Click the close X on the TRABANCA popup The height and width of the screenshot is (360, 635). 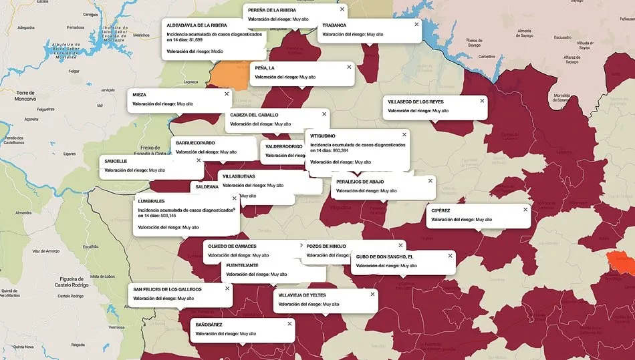point(416,24)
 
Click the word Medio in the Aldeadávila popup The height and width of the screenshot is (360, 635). point(217,51)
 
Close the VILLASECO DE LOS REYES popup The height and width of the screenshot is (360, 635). point(482,101)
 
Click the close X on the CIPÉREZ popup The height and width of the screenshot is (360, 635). point(525,209)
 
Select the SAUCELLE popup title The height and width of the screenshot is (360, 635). point(116,161)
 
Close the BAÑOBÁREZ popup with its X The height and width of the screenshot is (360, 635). point(289,323)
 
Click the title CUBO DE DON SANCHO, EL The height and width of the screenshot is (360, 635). point(384,256)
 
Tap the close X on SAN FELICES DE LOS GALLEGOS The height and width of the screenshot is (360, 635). point(227,289)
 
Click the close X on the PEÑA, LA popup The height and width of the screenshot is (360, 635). point(348,67)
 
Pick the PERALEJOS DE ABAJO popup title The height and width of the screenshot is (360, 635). point(360,182)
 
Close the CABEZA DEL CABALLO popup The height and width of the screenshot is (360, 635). point(324,114)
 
